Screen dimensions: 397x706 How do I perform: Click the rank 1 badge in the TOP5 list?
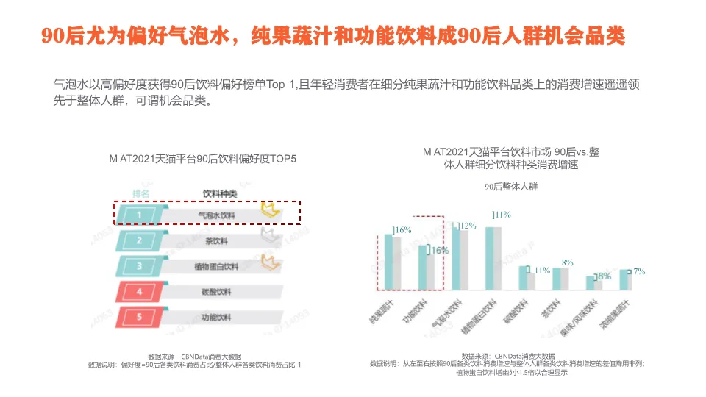(138, 215)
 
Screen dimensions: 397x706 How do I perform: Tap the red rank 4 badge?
(138, 292)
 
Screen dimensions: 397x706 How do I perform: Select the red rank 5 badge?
(138, 318)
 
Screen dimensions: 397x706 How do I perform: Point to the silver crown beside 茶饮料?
(269, 235)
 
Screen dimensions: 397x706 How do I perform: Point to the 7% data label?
(639, 271)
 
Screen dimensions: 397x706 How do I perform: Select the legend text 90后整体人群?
(511, 187)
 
